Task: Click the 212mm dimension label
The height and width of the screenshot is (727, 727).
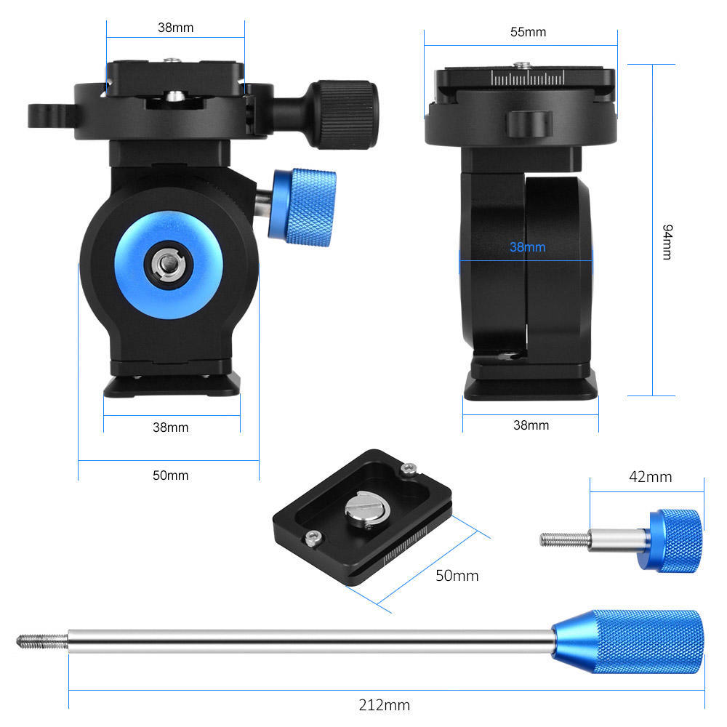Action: (x=384, y=704)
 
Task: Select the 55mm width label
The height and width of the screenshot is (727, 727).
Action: (x=528, y=32)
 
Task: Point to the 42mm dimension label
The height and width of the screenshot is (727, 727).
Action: (x=649, y=477)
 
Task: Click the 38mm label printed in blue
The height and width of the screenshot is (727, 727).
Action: (x=527, y=247)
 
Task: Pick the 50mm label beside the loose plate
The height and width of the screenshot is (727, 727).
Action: (x=457, y=575)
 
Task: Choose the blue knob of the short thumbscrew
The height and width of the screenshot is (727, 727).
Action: (x=673, y=539)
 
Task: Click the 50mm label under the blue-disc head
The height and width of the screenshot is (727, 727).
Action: (x=170, y=475)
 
